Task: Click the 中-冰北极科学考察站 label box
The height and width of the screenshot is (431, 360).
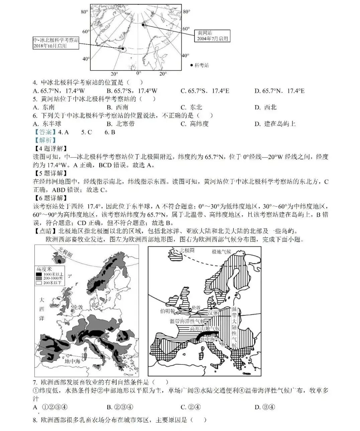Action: click(x=56, y=43)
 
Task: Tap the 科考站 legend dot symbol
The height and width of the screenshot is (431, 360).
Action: click(x=191, y=65)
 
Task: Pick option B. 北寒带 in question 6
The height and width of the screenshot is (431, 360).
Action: click(x=120, y=124)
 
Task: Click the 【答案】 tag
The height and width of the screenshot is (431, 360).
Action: click(x=43, y=132)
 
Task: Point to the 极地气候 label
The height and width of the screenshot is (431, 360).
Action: click(x=221, y=251)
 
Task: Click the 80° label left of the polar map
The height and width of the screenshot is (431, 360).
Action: click(x=84, y=12)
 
